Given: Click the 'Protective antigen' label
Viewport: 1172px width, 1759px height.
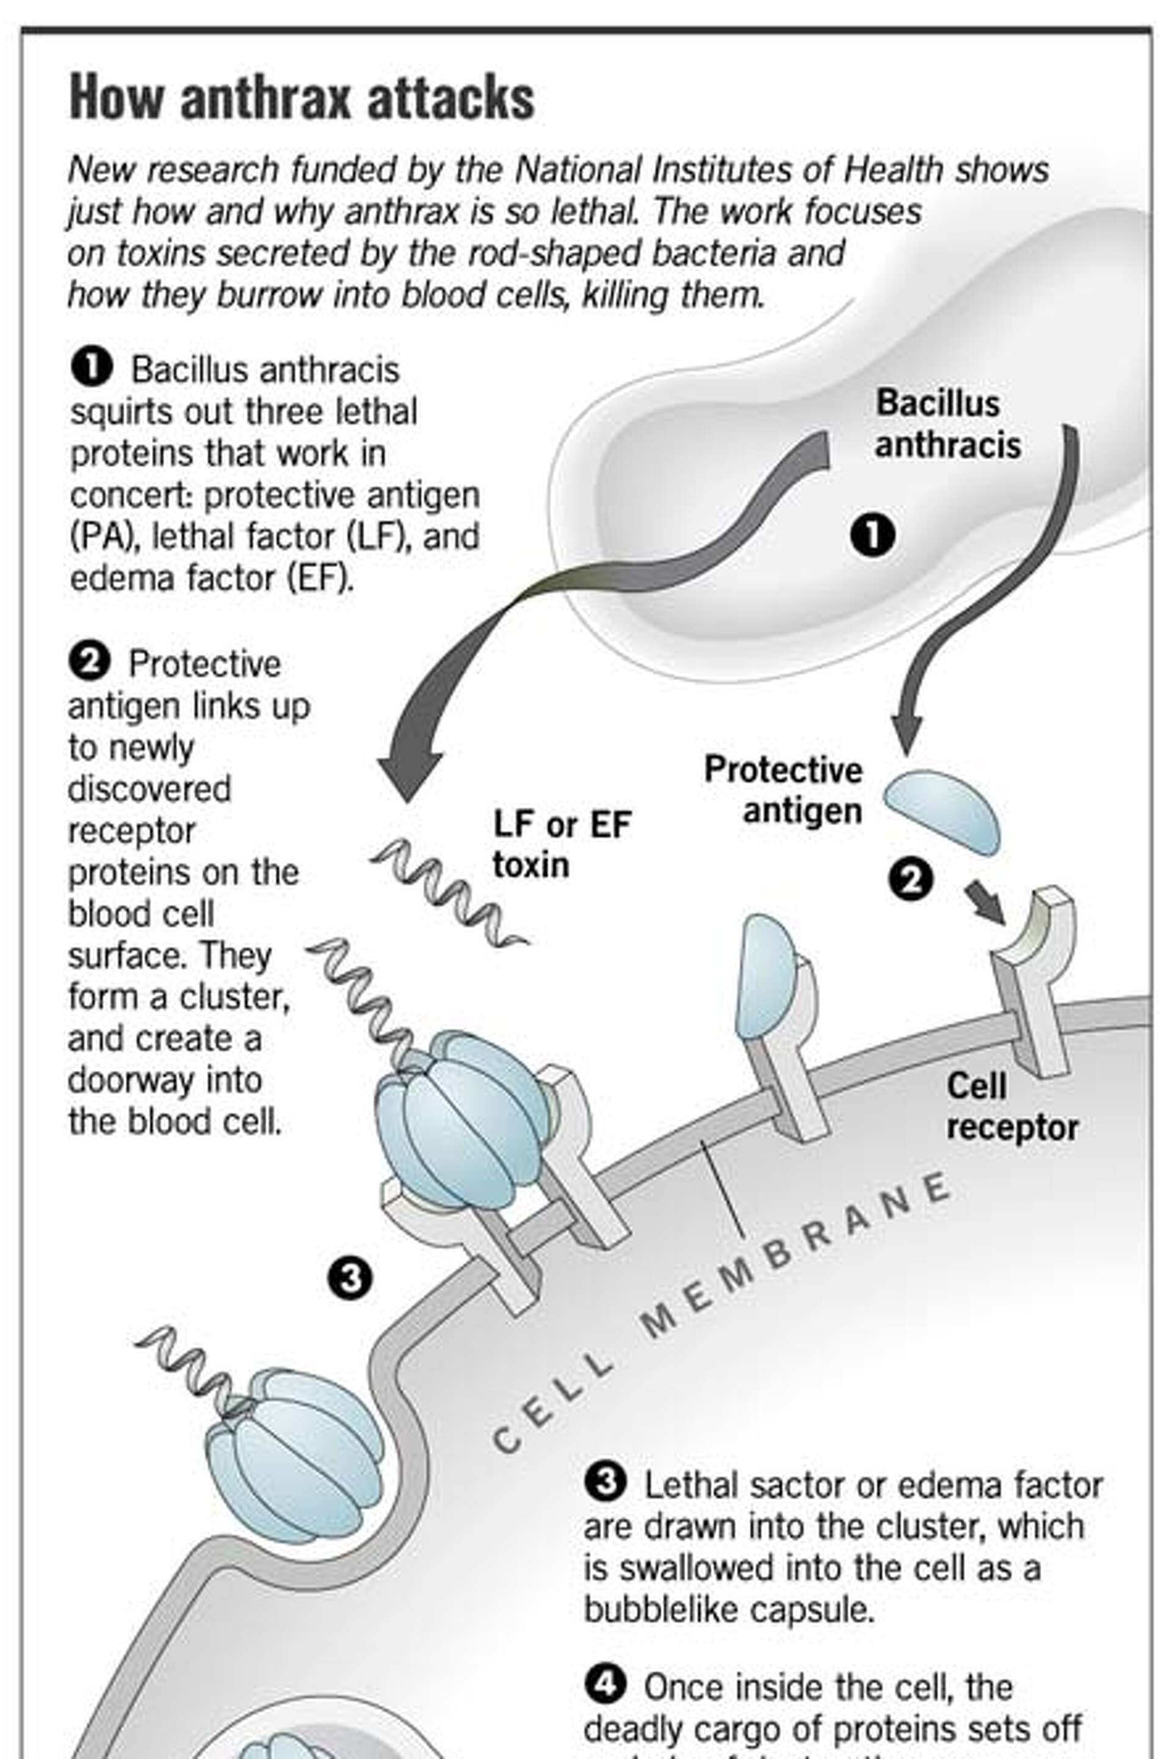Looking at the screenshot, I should (783, 790).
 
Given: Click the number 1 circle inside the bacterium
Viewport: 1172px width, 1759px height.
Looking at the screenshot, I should (872, 536).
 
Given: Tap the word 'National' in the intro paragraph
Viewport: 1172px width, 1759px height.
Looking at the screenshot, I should (579, 170).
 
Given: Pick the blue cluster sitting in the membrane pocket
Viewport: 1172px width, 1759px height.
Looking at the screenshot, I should (295, 1455).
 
